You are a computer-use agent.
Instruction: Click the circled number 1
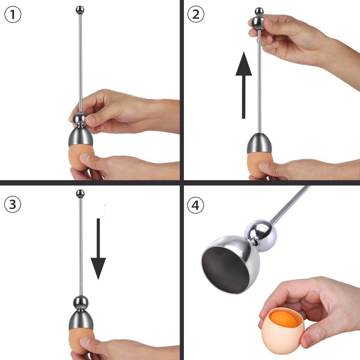pyautogui.click(x=13, y=15)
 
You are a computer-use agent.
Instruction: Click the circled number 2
pyautogui.click(x=196, y=14)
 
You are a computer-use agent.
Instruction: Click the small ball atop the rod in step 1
pyautogui.click(x=79, y=10)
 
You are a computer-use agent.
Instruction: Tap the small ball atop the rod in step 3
pyautogui.click(x=80, y=193)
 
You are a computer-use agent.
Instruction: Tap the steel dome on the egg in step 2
pyautogui.click(x=260, y=142)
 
